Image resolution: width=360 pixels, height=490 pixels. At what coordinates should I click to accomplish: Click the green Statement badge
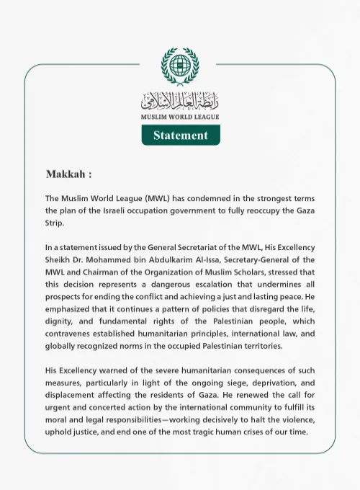tap(180, 135)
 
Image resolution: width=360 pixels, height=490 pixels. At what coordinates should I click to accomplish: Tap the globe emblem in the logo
tap(179, 67)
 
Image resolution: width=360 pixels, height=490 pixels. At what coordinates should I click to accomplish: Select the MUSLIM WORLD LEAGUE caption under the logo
tap(180, 116)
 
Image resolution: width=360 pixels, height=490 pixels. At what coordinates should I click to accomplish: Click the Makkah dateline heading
tap(68, 175)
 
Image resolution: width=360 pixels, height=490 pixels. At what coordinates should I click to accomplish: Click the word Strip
tap(55, 223)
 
